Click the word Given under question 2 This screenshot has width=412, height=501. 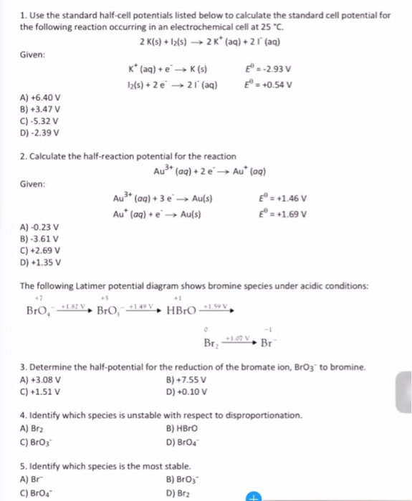tap(33, 185)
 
